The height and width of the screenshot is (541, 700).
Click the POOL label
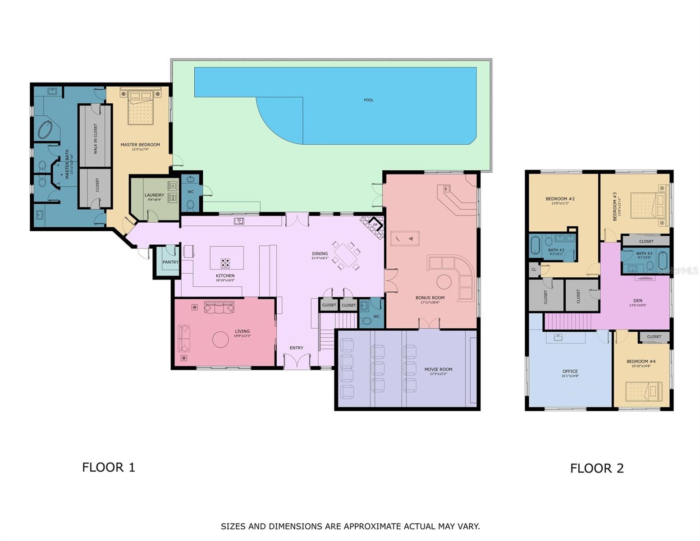368,100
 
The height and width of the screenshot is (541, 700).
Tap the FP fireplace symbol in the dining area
375,225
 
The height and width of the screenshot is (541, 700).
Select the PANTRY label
170,262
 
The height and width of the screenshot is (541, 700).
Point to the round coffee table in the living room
220,339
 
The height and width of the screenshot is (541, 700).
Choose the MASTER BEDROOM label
140,145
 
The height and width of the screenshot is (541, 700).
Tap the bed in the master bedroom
141,106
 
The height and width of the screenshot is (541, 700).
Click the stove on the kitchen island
225,263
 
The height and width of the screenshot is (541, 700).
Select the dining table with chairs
346,256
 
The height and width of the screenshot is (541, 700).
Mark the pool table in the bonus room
405,238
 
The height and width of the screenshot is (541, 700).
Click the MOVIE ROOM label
438,369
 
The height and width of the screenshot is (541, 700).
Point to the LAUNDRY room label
154,195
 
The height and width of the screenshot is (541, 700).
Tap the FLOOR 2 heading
596,468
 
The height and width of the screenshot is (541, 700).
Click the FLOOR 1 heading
109,468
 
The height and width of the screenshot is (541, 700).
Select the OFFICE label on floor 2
570,371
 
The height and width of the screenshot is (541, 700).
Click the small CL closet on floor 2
534,270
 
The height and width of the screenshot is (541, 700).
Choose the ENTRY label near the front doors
296,348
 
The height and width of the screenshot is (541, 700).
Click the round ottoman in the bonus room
444,282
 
